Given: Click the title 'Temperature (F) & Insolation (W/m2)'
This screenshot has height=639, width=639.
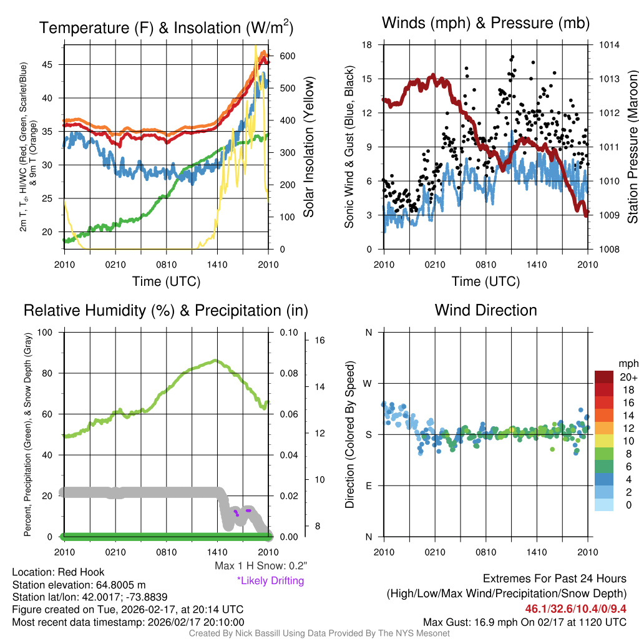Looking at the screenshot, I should pos(166,27).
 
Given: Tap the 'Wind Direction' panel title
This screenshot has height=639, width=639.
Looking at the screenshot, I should pos(485,310).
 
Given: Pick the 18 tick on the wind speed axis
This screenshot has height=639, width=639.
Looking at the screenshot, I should pos(367,45).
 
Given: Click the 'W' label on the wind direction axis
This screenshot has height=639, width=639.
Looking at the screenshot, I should pos(368,383).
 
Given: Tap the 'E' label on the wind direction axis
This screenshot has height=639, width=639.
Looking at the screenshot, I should pos(368,485).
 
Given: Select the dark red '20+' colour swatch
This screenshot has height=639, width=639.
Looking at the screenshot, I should pos(605,377).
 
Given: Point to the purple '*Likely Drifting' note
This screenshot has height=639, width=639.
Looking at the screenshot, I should pos(270,580).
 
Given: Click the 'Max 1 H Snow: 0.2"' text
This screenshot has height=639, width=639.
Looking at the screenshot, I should pos(260,566).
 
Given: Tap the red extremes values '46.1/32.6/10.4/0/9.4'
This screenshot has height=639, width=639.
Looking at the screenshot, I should pos(575,608).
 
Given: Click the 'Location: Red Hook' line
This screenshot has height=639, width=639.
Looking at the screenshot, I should pos(58,572).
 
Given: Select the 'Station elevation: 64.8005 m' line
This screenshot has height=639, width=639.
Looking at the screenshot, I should pos(79,585).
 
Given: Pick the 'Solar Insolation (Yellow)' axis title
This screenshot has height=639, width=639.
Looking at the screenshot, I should pos(308,147).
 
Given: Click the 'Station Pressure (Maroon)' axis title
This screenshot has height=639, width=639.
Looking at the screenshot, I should pos(632,147).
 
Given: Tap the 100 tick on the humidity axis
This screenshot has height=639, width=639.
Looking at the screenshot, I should pos(44,332).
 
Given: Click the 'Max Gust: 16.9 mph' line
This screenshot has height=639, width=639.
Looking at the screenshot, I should pos(524,622).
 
